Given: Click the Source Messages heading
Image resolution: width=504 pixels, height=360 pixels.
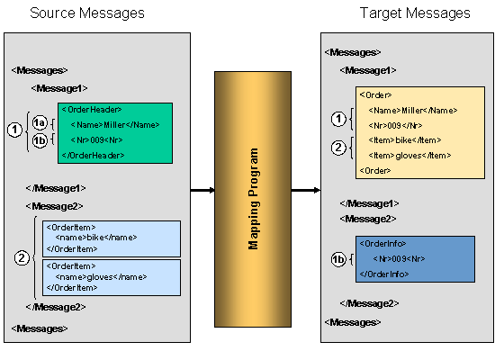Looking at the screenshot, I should click(86, 13).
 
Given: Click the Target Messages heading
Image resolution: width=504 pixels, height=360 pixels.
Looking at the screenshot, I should click(415, 13).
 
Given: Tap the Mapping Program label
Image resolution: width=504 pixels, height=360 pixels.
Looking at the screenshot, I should click(253, 199).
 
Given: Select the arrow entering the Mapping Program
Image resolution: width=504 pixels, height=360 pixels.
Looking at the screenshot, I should click(202, 190).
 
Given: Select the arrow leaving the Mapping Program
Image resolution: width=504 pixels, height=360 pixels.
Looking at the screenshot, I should click(305, 190).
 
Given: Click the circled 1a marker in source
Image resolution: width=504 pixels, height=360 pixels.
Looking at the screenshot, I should click(39, 123).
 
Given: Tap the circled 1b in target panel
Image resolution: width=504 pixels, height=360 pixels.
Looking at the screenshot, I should click(339, 259).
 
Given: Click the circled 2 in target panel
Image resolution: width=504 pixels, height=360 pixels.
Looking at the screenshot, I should click(338, 147).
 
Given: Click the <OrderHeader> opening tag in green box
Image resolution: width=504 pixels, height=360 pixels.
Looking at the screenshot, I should click(92, 110).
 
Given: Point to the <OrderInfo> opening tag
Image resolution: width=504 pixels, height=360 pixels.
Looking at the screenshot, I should click(380, 244).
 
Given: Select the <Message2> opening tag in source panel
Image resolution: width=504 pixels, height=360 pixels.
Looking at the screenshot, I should click(57, 206).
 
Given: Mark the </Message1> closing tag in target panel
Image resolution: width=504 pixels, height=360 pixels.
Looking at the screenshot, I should click(369, 203).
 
